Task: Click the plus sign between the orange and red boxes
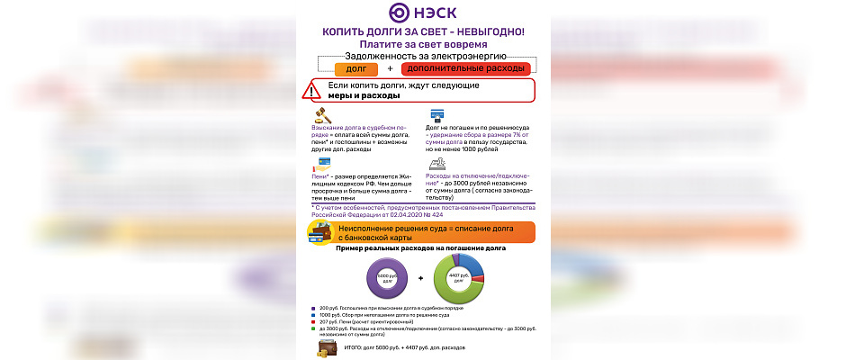(390, 68)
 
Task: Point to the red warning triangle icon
(312, 91)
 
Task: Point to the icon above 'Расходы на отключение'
(437, 163)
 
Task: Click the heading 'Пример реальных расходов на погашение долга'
(420, 247)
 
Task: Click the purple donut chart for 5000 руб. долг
(385, 279)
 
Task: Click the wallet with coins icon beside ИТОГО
(325, 347)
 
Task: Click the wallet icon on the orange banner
(319, 231)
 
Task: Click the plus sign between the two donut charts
(420, 280)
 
